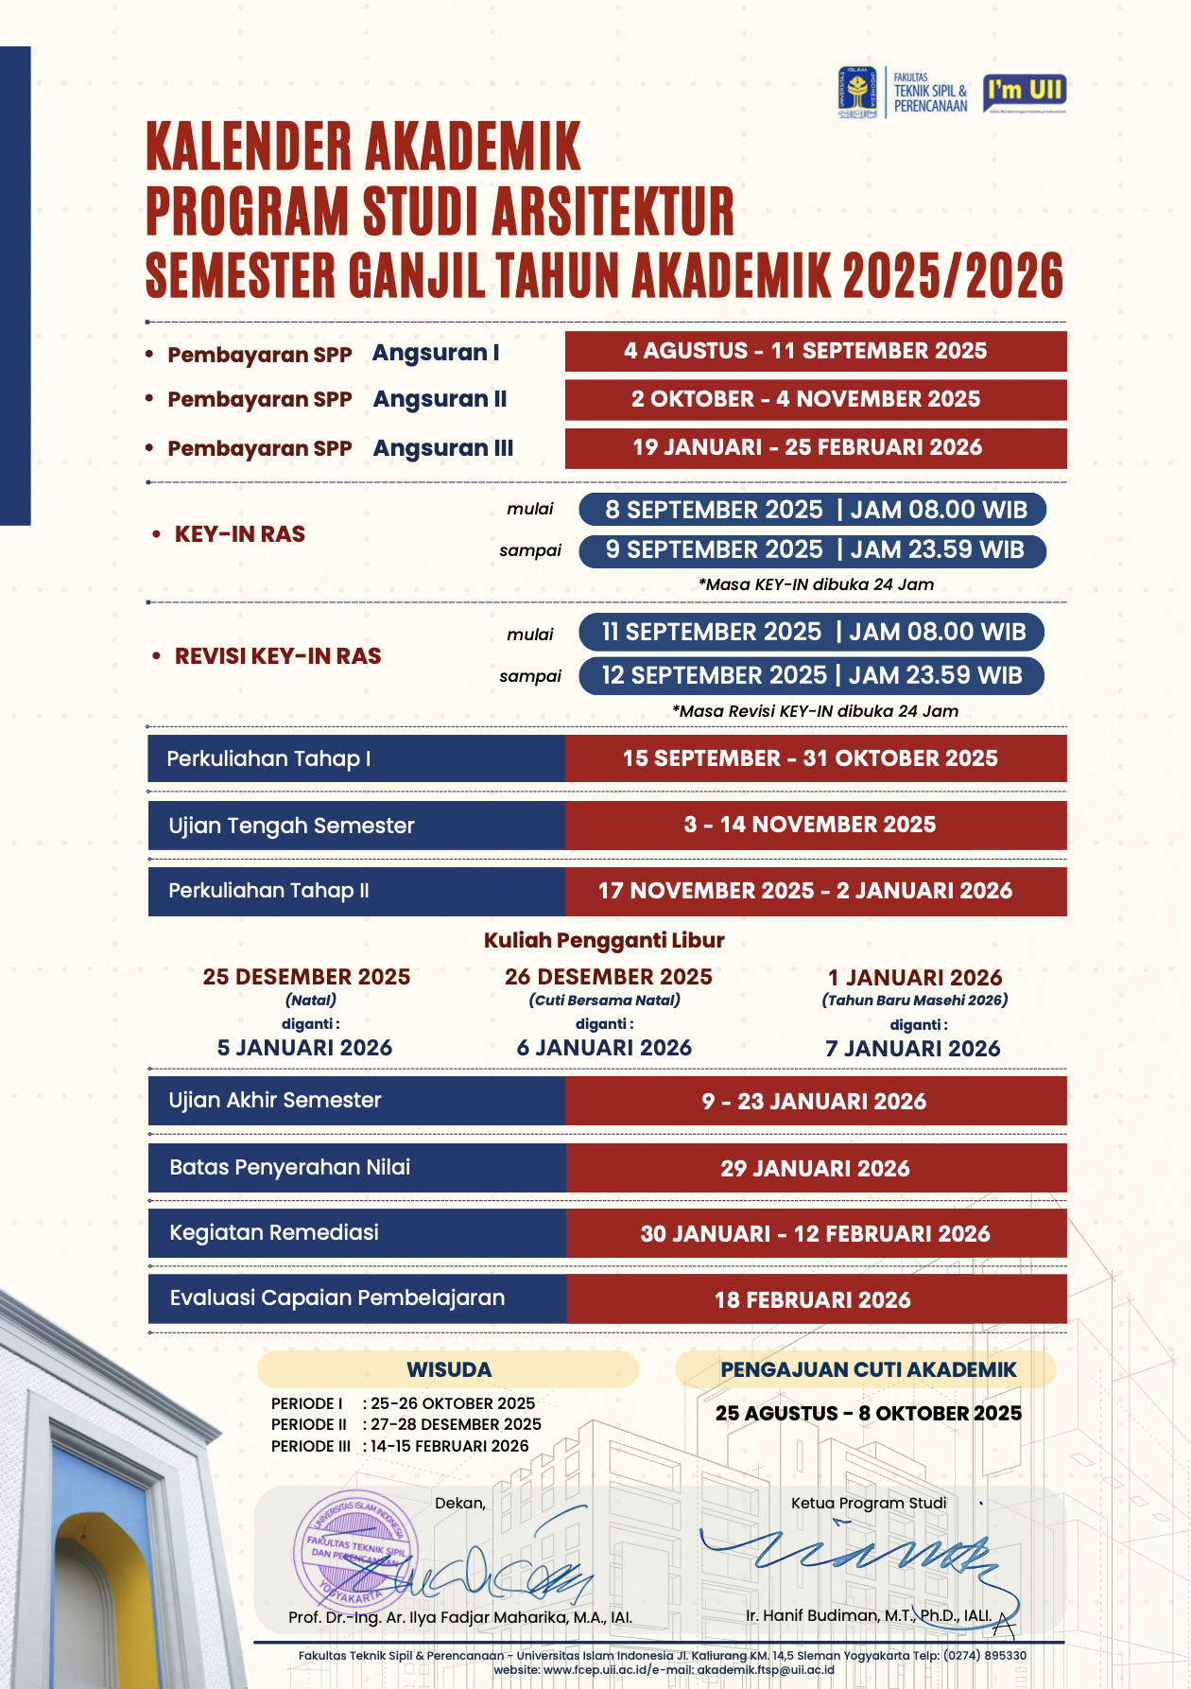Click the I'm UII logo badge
point(1025,93)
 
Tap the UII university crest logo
point(857,93)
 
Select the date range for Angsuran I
point(815,351)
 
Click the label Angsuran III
point(442,447)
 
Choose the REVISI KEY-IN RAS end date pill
point(811,675)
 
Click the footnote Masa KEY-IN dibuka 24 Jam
point(815,584)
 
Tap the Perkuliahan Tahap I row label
point(268,758)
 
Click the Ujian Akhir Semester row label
point(275,1100)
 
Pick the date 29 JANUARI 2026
point(815,1168)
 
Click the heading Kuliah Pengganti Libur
point(604,940)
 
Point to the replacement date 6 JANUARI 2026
point(604,1048)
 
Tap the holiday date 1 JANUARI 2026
point(914,977)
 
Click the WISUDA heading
point(449,1369)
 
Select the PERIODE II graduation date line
point(406,1424)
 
